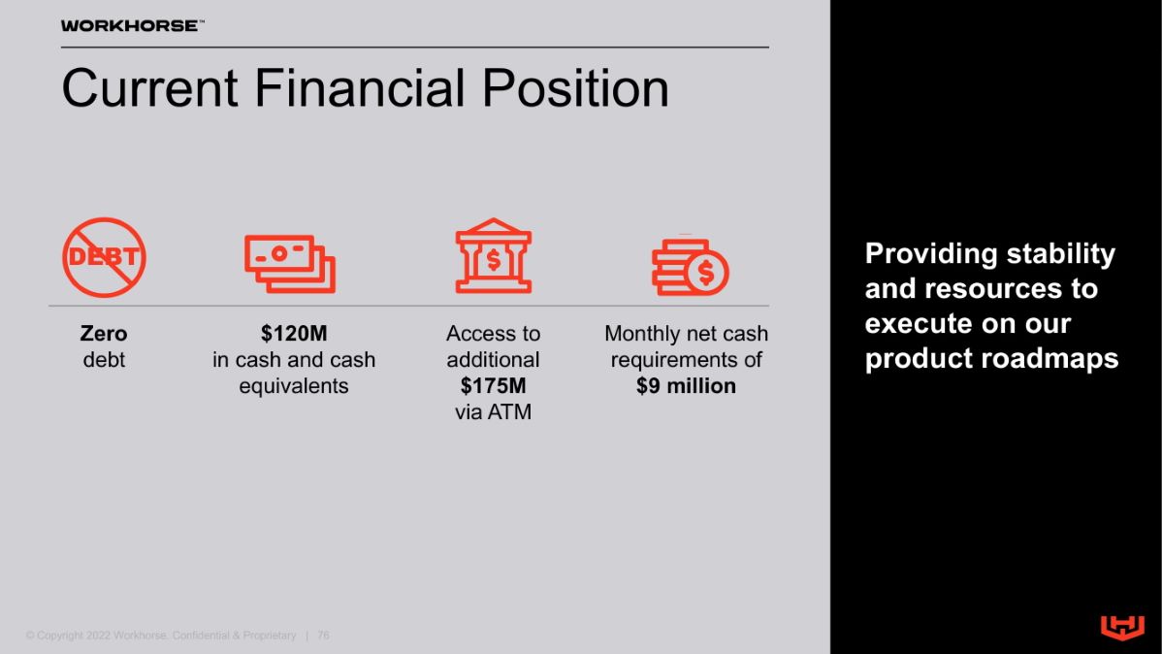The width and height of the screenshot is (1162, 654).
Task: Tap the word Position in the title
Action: coord(576,88)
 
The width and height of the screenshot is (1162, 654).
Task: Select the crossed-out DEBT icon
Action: coord(104,257)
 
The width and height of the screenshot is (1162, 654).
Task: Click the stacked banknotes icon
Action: coord(291,264)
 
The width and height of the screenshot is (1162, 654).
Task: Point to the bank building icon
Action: coord(494,256)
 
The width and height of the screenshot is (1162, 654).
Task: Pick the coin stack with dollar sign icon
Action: coord(690,266)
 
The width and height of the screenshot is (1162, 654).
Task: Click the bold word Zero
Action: coord(104,334)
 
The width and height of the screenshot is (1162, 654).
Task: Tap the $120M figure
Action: coord(294,334)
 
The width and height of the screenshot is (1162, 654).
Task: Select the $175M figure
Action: coord(494,385)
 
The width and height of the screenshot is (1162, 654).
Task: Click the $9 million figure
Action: coord(686,385)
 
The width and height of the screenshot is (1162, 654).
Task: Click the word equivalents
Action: coord(294,386)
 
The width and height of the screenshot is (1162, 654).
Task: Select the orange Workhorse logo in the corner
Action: coord(1123,627)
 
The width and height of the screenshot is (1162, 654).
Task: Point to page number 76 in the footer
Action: coord(323,636)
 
